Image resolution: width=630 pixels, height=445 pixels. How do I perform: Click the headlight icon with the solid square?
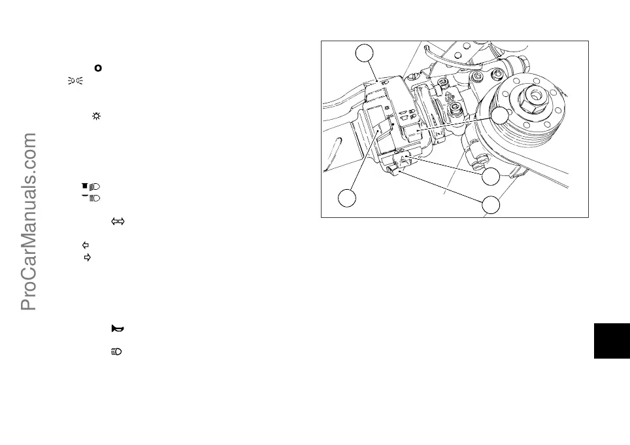[x=91, y=187]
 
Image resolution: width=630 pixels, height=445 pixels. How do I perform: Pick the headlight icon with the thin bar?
[x=91, y=197]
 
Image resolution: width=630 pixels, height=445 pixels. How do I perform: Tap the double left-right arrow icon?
[x=118, y=222]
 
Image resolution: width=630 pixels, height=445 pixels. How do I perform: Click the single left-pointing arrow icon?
[x=84, y=245]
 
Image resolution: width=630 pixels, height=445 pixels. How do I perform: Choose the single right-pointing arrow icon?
[x=88, y=258]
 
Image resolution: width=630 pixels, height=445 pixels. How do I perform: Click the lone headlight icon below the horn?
[x=117, y=352]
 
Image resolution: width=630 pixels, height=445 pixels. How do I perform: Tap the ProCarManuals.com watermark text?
[x=29, y=222]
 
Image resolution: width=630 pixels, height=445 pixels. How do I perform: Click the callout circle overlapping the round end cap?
[x=501, y=116]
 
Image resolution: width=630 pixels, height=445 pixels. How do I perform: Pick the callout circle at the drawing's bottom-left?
[x=348, y=197]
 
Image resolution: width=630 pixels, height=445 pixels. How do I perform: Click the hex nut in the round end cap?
[x=535, y=96]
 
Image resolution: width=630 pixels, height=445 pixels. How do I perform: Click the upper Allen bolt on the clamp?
[x=442, y=83]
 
